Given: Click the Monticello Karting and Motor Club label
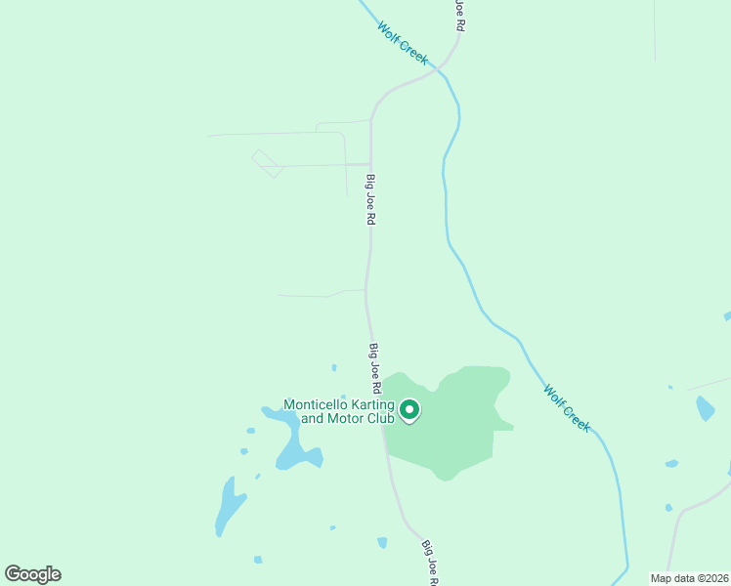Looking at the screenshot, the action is pos(338,411).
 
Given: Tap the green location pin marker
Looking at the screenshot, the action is pos(410,410).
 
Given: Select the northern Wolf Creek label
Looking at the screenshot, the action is pos(403,43).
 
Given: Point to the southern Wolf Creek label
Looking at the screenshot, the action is pos(568,408).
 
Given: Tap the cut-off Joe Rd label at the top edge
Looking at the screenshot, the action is pos(457,15).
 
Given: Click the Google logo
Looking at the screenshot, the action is pos(32,574).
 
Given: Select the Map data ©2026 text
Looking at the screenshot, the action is pos(689,578).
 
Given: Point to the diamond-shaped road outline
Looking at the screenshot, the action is pos(267,163).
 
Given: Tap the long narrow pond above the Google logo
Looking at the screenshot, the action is pos(229,506).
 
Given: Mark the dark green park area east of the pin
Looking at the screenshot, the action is pos(459,420).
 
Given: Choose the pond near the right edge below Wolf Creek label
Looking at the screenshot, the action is pos(705,407).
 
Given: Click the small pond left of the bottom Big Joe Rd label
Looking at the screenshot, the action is pos(382,542).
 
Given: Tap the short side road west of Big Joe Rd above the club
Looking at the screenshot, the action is pos(322,293).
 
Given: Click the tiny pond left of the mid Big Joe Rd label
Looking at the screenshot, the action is pos(334,368).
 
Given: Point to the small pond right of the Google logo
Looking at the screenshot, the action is pos(257,560).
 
